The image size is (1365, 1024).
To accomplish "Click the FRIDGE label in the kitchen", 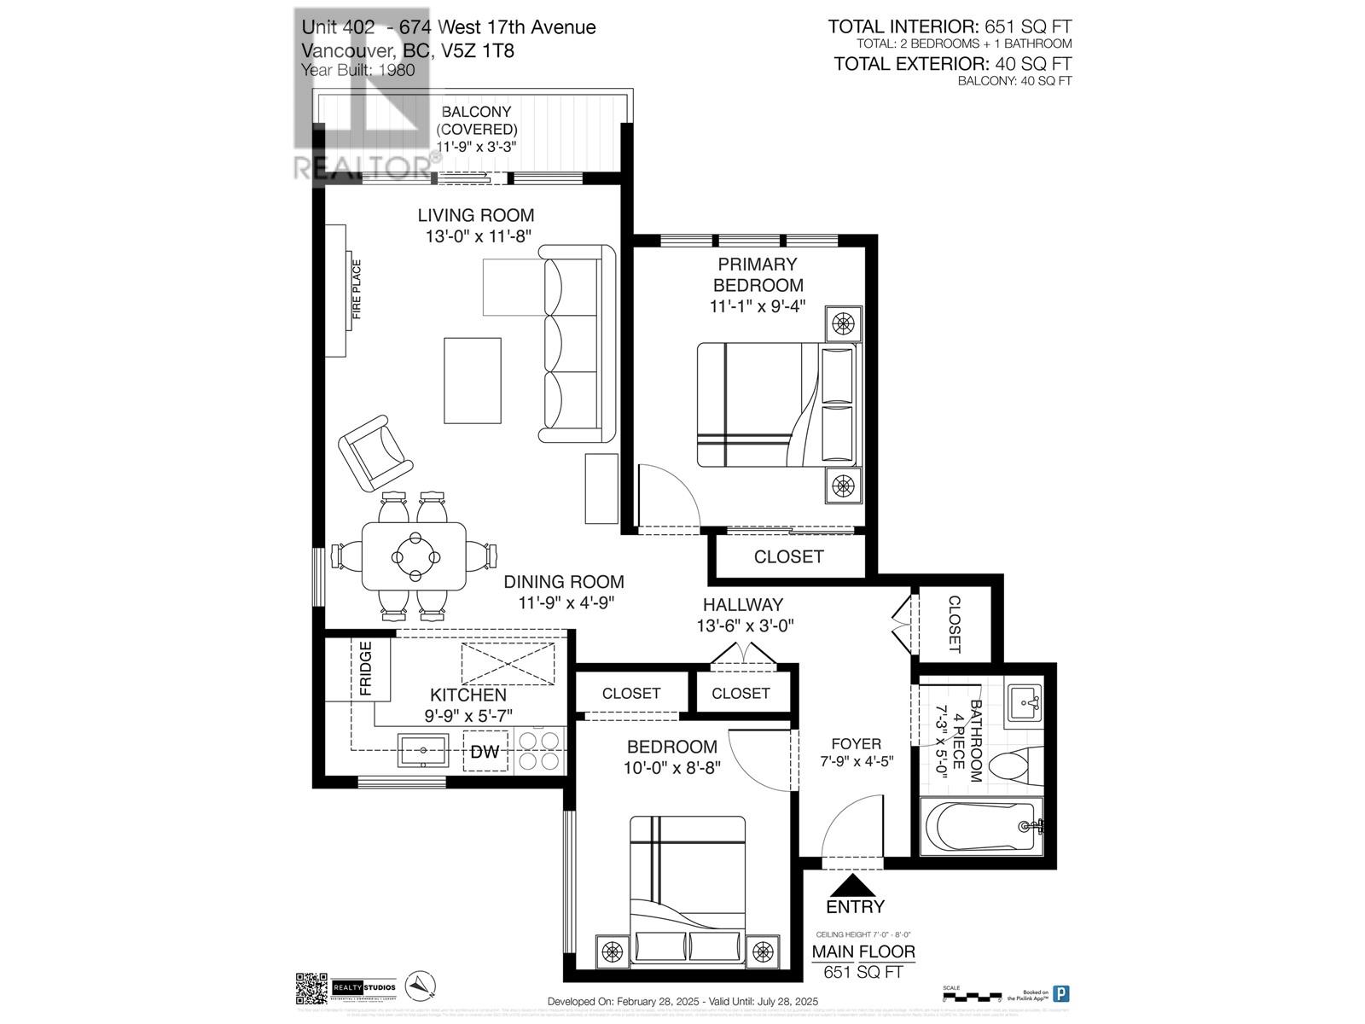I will tap(365, 669).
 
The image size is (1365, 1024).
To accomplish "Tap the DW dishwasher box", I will tap(485, 752).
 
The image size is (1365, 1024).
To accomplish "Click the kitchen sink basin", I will tap(423, 750).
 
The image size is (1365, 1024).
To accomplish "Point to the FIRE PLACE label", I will tap(357, 290).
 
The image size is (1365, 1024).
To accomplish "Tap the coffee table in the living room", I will tap(472, 380).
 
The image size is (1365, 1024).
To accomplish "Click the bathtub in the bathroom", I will tap(981, 826).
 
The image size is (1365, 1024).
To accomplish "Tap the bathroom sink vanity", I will tap(1023, 704).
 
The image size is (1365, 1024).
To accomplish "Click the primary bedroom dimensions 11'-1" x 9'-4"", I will tap(758, 305).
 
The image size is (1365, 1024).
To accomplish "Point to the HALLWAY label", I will tap(742, 605).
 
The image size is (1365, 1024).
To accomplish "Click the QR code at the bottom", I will tap(311, 988).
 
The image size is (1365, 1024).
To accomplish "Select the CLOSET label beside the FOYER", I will tap(954, 624).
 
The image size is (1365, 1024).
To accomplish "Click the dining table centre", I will tap(415, 556).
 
